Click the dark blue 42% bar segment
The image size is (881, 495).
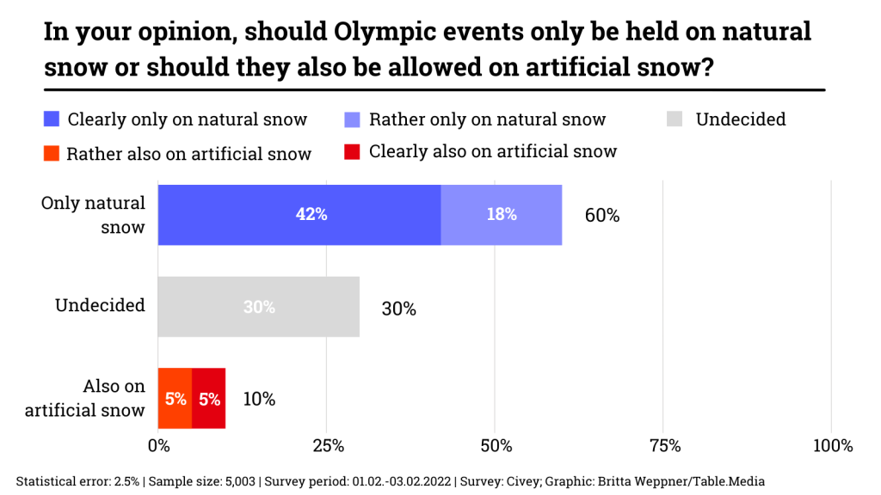coord(299,215)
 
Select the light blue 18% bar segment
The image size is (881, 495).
coord(502,215)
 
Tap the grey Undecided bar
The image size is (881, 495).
coord(258,307)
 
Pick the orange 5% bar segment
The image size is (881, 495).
coord(175,399)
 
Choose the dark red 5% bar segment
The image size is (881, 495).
coord(209,399)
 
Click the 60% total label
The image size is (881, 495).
coord(602,216)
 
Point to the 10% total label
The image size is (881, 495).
coord(258,399)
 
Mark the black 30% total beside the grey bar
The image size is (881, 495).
coord(398,308)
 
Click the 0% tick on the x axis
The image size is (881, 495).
coord(158,446)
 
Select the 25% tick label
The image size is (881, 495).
coord(327,446)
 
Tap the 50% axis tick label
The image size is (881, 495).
coord(496,446)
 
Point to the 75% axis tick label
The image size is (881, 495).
coord(664,446)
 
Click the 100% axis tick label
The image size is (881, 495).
coord(831,446)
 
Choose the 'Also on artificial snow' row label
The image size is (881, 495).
coord(85,398)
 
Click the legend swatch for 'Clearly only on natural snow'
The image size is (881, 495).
coord(52,119)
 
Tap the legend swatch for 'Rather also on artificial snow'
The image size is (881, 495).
coord(52,153)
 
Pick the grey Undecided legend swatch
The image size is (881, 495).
coord(675,119)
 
